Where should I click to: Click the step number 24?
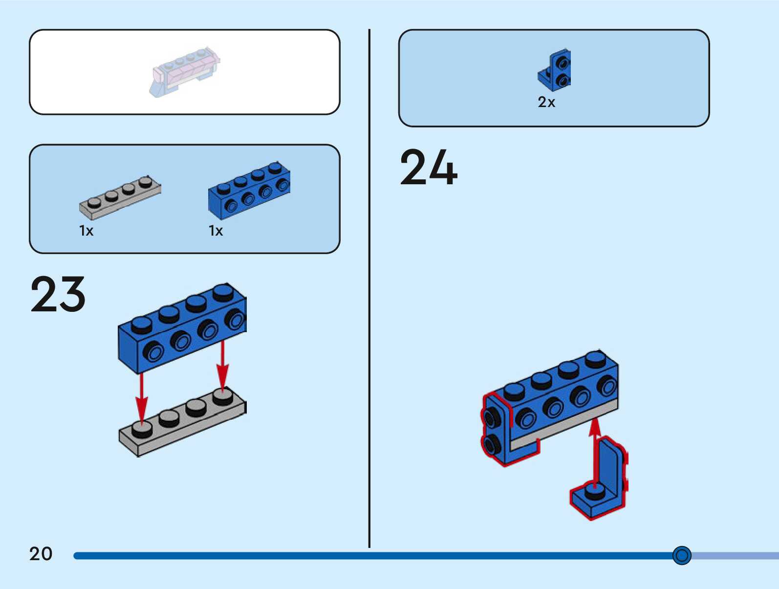click(x=428, y=168)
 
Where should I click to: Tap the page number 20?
click(x=41, y=554)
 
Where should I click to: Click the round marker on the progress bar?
click(x=681, y=555)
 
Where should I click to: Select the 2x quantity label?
click(x=546, y=102)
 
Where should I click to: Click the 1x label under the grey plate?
click(x=86, y=231)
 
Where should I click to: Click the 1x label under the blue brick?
click(x=216, y=231)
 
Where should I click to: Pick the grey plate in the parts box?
click(x=120, y=198)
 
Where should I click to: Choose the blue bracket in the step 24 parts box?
click(x=555, y=71)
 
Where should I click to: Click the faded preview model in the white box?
click(x=185, y=72)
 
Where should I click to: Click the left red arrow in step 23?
click(x=141, y=398)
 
